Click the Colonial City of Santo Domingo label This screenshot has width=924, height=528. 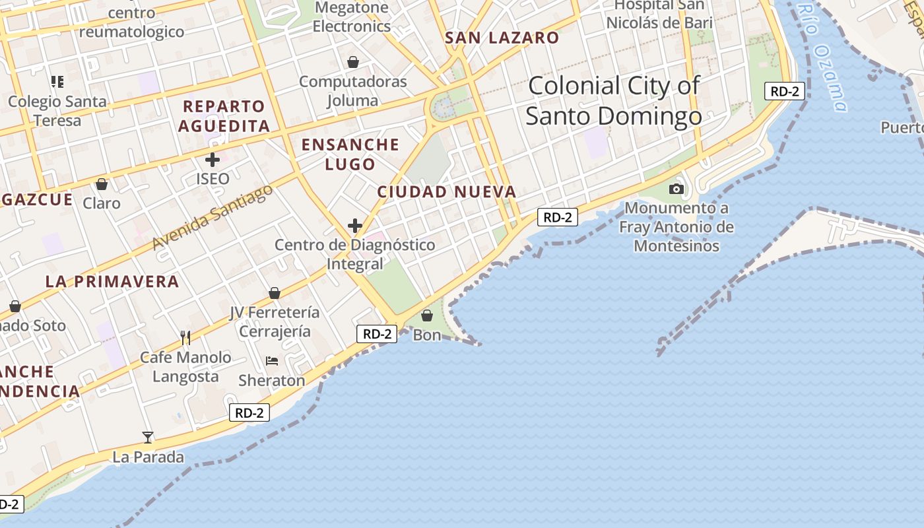pyautogui.click(x=614, y=101)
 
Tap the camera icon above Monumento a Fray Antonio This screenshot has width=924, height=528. pyautogui.click(x=676, y=189)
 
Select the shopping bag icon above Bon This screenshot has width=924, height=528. pyautogui.click(x=427, y=316)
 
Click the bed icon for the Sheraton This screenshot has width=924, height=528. pyautogui.click(x=272, y=361)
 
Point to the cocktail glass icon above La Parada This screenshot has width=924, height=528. pyautogui.click(x=148, y=437)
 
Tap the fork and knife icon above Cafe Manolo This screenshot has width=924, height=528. pyautogui.click(x=185, y=338)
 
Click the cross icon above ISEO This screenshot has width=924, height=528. pyautogui.click(x=213, y=159)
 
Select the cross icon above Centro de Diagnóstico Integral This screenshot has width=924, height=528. pyautogui.click(x=355, y=226)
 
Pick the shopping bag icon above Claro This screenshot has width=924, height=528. pyautogui.click(x=102, y=183)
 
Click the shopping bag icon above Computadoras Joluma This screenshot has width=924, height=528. pyautogui.click(x=353, y=62)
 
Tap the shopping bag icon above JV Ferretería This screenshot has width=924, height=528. pyautogui.click(x=275, y=293)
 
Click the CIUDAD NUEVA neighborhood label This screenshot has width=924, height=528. pyautogui.click(x=447, y=192)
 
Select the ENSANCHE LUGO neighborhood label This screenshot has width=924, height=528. pyautogui.click(x=350, y=154)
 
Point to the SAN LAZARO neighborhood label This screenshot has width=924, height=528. pyautogui.click(x=502, y=38)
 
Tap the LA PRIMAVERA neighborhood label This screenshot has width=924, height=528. pyautogui.click(x=112, y=281)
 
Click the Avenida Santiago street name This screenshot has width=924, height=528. pyautogui.click(x=213, y=217)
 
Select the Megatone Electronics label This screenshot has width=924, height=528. pyautogui.click(x=352, y=17)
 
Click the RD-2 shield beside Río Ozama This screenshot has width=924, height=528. pyautogui.click(x=785, y=91)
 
